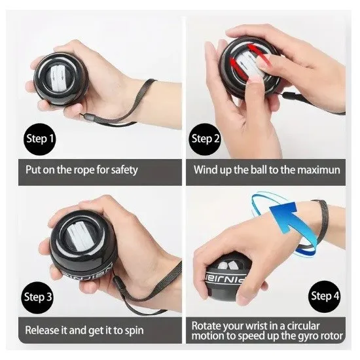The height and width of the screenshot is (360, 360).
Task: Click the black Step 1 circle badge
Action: [x=40, y=139]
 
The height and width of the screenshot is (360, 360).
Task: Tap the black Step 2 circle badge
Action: [x=205, y=139]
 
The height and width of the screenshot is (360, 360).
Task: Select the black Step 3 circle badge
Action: [x=39, y=298]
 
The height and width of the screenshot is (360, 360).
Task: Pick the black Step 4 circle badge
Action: [x=324, y=296]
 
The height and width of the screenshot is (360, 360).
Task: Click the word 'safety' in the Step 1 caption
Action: [x=124, y=170]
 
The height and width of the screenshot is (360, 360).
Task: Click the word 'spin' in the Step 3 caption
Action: [x=135, y=331]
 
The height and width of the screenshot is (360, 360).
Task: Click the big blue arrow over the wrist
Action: [x=284, y=217]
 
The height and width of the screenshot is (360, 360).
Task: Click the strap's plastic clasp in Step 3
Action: [x=117, y=282]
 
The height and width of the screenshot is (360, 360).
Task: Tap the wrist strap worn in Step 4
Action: [x=321, y=221]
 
